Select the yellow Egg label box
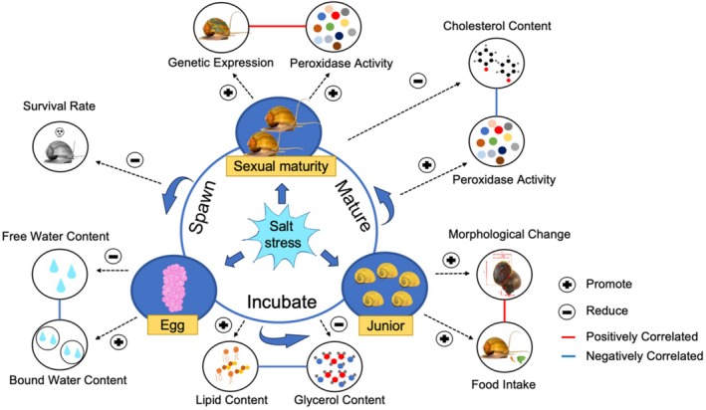click(x=172, y=324)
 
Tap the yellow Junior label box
click(x=385, y=324)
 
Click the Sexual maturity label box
click(x=281, y=166)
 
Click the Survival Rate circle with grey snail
click(x=61, y=146)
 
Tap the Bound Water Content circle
click(x=60, y=345)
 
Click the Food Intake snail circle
click(x=504, y=347)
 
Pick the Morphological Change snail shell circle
click(x=504, y=275)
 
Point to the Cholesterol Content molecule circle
click(x=497, y=62)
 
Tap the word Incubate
click(x=282, y=302)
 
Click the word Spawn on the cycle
click(x=202, y=207)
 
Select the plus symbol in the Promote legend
click(x=567, y=285)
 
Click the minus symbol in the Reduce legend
click(x=567, y=311)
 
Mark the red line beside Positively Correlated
click(x=569, y=336)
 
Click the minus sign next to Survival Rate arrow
click(x=135, y=160)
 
